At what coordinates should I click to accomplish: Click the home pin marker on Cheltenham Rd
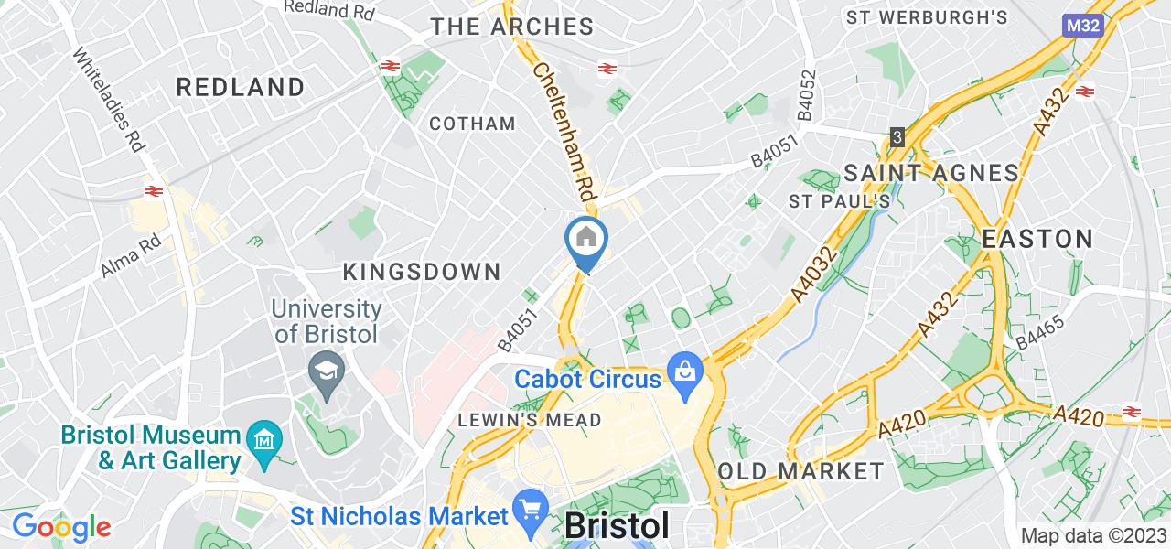[x=586, y=240]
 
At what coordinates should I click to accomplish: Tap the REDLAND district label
[x=241, y=88]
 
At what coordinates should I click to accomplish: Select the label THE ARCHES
[x=512, y=27]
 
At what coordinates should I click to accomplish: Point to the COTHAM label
[x=472, y=124]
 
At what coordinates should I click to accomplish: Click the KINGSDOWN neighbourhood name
[x=422, y=272]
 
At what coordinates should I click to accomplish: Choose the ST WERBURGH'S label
[x=927, y=17]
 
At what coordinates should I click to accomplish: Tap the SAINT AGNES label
[x=930, y=173]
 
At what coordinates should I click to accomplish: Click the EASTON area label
[x=1037, y=240]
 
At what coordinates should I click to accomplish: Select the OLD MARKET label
[x=800, y=472]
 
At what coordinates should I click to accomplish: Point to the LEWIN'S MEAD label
[x=531, y=420]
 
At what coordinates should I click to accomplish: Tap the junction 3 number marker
[x=898, y=137]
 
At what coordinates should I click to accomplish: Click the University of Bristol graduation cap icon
[x=324, y=371]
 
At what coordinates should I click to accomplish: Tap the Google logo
[x=61, y=526]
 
